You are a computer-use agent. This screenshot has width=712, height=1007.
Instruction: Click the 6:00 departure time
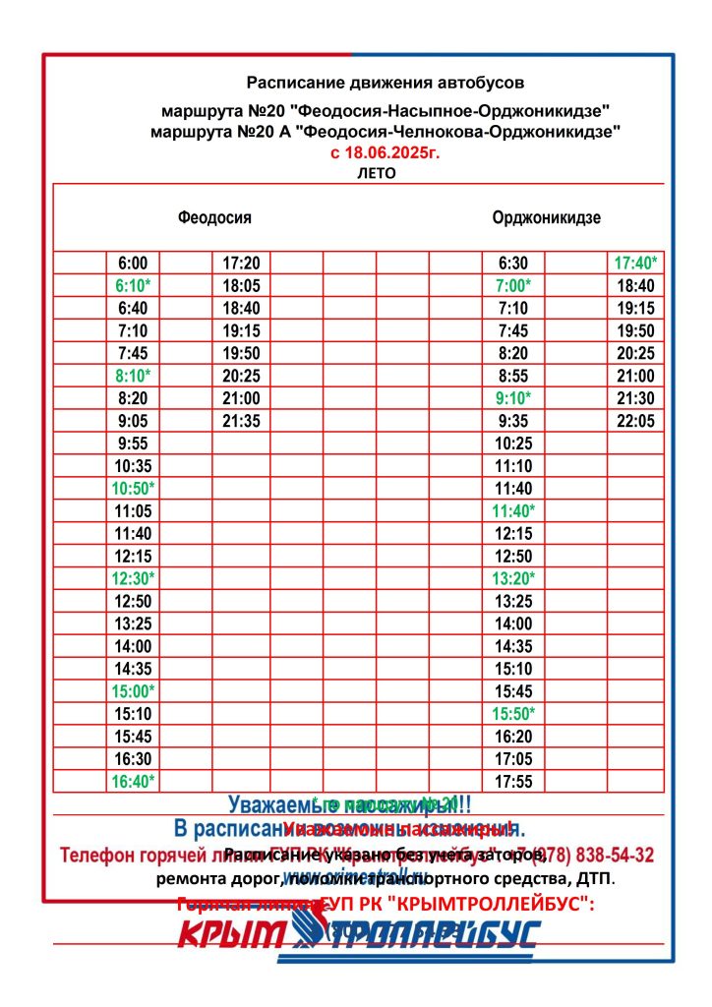point(133,263)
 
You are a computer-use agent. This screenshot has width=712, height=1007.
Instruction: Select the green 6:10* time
point(133,285)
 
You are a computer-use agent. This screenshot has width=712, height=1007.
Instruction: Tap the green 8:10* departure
point(133,376)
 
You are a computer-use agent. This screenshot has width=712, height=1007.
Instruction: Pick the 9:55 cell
point(133,444)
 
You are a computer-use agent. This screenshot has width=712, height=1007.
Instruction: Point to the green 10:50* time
point(133,489)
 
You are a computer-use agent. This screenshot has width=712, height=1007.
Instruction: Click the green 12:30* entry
point(133,578)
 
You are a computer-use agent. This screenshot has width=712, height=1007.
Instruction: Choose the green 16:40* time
point(133,782)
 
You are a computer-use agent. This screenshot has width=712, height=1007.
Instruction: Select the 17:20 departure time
point(241,263)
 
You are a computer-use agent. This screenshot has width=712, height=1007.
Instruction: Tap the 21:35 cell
point(241,421)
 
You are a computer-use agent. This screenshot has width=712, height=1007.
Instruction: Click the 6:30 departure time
point(513,263)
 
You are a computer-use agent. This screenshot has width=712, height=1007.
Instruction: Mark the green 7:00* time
point(513,285)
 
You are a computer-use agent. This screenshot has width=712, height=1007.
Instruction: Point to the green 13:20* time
point(513,578)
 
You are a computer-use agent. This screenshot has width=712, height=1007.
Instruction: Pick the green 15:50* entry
point(513,714)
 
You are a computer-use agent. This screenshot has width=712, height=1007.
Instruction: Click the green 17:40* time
point(635,263)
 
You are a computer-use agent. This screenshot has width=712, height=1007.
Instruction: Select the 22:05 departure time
point(635,421)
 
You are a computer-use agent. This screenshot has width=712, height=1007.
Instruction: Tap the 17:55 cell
point(513,782)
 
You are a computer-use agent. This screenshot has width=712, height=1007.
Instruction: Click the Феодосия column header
point(214,217)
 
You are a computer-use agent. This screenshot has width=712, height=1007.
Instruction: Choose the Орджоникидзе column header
point(547,217)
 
